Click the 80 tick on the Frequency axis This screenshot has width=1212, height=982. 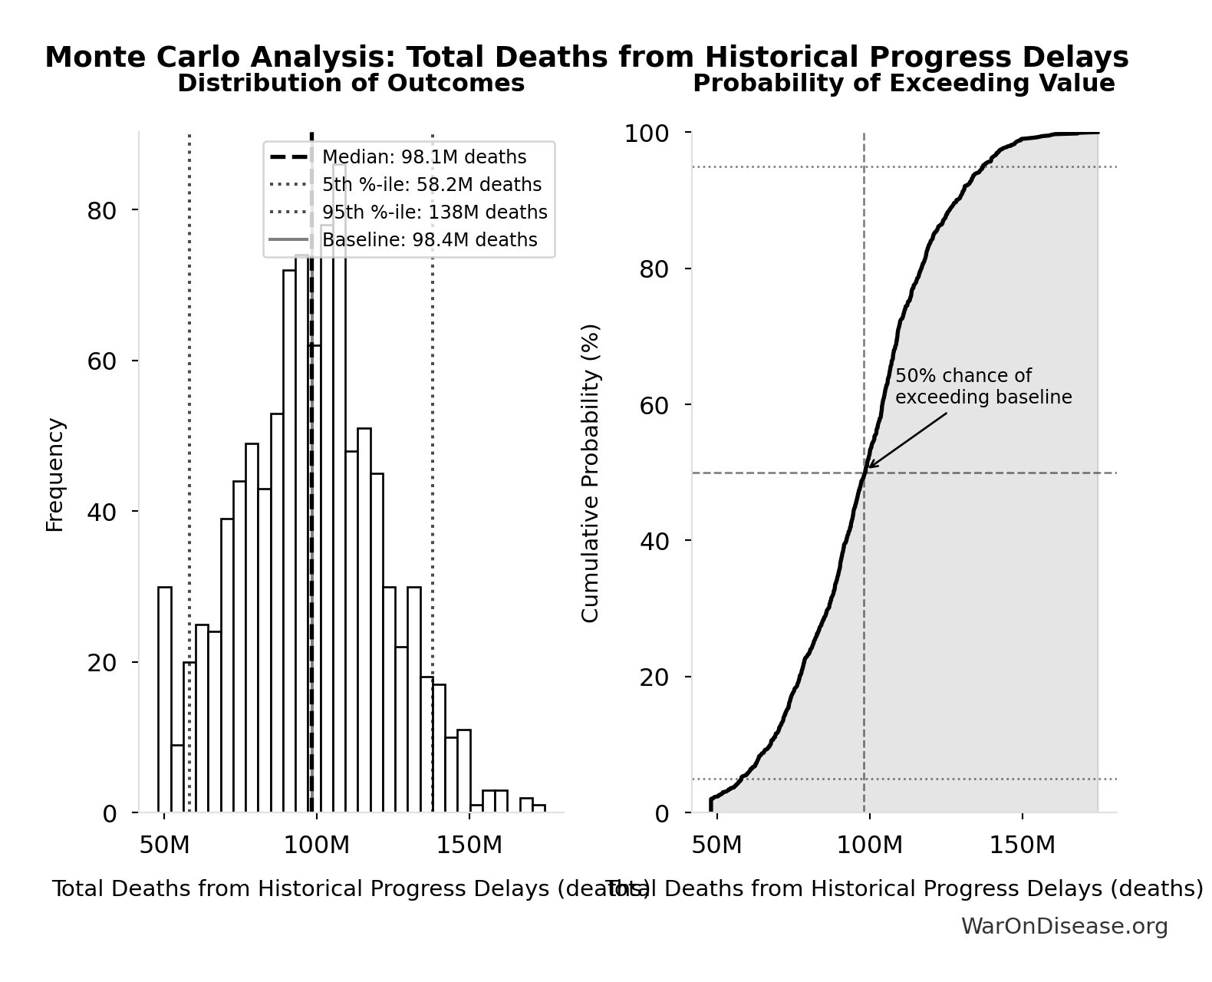pyautogui.click(x=101, y=210)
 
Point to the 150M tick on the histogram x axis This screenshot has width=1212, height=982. pyautogui.click(x=469, y=845)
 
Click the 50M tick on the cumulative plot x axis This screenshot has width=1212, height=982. pyautogui.click(x=716, y=845)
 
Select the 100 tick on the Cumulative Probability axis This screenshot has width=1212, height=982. pyautogui.click(x=646, y=133)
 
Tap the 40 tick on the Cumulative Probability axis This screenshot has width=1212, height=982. pyautogui.click(x=654, y=541)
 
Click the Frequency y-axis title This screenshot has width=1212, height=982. pyautogui.click(x=55, y=474)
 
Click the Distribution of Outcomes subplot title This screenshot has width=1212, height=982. pyautogui.click(x=351, y=84)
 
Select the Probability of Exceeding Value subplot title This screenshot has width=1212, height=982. pyautogui.click(x=904, y=84)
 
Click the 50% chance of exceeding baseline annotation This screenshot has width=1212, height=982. pyautogui.click(x=983, y=387)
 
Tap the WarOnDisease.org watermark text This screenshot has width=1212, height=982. pyautogui.click(x=1064, y=927)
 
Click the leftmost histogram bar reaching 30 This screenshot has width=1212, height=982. pyautogui.click(x=165, y=700)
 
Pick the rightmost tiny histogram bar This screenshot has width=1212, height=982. pyautogui.click(x=539, y=809)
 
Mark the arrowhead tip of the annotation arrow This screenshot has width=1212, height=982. pyautogui.click(x=868, y=466)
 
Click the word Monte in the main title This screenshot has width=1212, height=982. pyautogui.click(x=89, y=58)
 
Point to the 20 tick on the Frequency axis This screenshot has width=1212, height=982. pyautogui.click(x=101, y=663)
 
